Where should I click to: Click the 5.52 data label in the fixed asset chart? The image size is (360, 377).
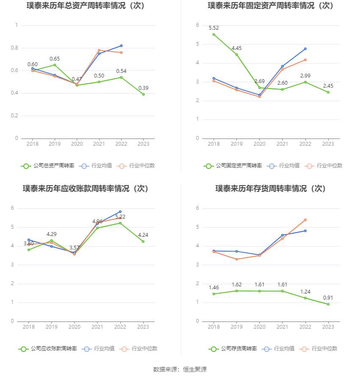point(213,28)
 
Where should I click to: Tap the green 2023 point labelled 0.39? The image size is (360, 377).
point(143,94)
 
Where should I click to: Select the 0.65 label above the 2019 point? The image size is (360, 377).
point(55,59)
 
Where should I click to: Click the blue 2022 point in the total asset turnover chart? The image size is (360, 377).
point(121,46)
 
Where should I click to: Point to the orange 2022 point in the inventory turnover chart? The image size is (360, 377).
point(305,220)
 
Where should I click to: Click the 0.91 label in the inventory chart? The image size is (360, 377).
point(328,297)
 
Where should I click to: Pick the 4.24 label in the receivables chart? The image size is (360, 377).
point(143,235)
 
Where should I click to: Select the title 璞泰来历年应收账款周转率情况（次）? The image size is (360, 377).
point(86,188)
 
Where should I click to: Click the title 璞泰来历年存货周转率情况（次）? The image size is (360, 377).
point(270,188)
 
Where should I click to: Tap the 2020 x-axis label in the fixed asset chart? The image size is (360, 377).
point(259,144)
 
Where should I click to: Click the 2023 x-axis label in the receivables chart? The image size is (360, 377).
point(143,327)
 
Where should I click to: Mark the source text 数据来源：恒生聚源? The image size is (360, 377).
point(180,369)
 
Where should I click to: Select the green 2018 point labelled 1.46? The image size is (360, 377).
point(213,294)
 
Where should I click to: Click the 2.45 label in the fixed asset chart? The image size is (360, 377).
point(328,86)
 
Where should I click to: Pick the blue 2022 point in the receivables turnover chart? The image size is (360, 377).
point(120,212)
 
